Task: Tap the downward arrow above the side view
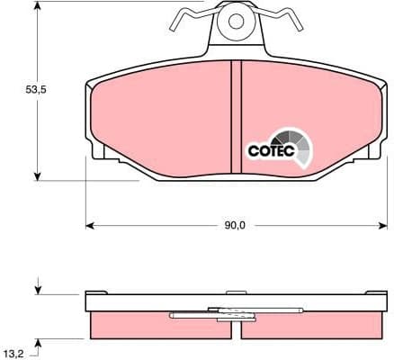coord(38,290)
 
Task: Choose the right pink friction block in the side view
coord(315,325)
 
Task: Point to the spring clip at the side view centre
coord(216,314)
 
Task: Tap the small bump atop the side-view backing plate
coord(236,291)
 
